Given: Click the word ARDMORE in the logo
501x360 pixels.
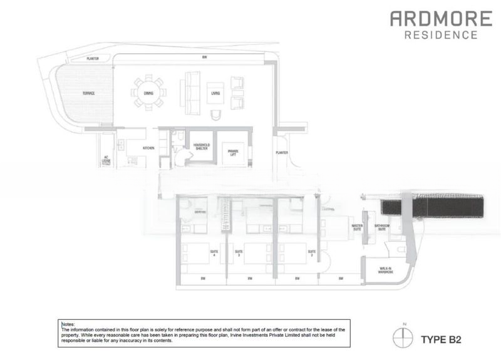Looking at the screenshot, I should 434,18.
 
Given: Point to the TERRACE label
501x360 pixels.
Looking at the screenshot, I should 88,93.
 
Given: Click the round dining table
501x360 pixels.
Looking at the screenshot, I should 148,93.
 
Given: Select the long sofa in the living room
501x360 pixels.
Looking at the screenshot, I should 189,91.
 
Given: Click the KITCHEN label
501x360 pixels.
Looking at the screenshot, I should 148,148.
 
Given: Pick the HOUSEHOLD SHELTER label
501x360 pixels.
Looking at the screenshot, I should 201,147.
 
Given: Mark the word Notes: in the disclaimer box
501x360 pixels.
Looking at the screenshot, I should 68,324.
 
